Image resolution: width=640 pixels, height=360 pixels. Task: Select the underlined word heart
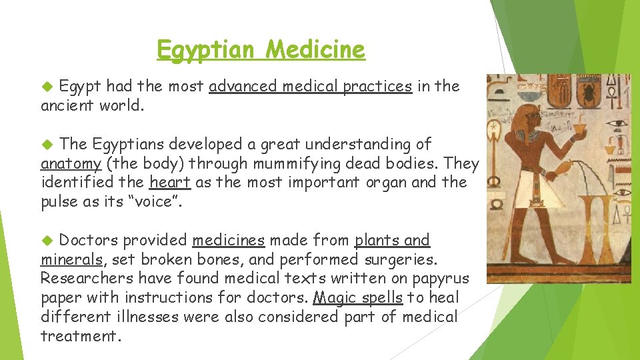(171, 182)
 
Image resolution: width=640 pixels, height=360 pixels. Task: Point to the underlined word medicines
(228, 240)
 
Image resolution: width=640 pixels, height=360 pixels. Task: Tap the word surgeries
(399, 259)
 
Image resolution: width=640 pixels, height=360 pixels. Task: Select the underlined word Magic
(333, 297)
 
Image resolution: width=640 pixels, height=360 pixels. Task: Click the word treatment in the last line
(79, 336)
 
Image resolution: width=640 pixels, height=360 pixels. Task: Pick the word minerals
(71, 259)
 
